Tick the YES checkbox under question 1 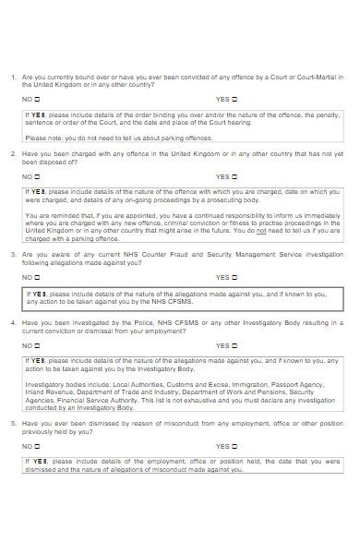(x=234, y=99)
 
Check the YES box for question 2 (x=234, y=175)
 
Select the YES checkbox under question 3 (x=234, y=277)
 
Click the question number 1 (x=13, y=77)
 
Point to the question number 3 (x=13, y=253)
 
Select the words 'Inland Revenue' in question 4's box (x=46, y=388)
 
